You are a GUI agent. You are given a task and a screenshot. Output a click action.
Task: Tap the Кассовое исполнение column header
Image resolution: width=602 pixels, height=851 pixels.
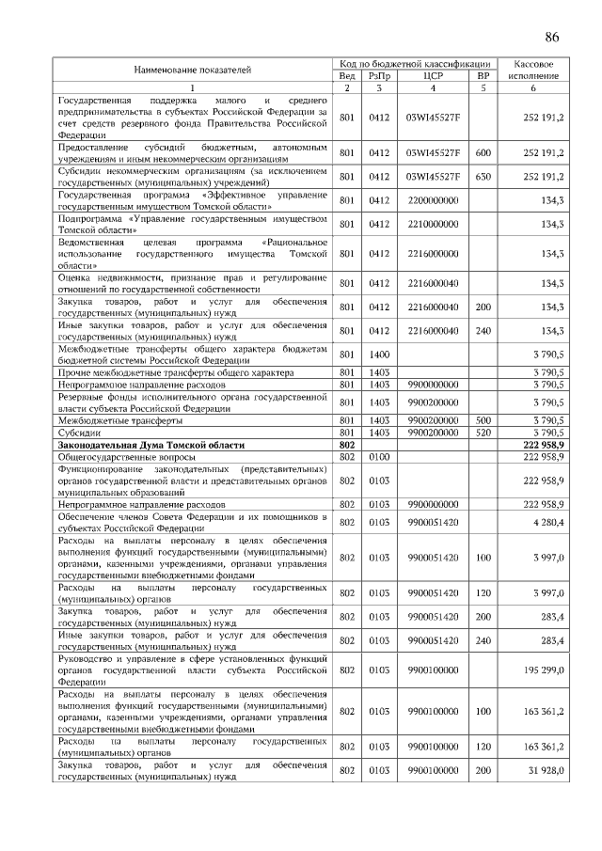[532, 69]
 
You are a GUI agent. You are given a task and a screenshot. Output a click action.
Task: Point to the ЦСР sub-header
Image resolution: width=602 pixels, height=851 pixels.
[434, 75]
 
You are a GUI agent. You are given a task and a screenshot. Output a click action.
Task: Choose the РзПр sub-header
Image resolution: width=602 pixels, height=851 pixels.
[379, 75]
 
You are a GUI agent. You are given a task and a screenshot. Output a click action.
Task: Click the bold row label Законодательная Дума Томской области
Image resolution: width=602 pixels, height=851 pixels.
[150, 445]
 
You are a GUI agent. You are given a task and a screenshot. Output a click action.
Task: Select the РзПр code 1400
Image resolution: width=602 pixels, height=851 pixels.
[379, 355]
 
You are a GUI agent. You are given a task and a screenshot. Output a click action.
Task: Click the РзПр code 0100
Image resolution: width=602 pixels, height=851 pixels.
[379, 456]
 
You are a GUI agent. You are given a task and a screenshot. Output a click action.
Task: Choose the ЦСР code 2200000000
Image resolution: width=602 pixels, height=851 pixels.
[433, 199]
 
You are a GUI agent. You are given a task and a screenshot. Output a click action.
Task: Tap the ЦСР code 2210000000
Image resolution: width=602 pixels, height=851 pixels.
[433, 224]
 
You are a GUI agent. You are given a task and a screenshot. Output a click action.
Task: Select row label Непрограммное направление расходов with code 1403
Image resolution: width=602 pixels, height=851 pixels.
[142, 386]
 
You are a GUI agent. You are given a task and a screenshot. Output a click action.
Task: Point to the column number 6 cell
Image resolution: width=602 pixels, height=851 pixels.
[532, 88]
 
